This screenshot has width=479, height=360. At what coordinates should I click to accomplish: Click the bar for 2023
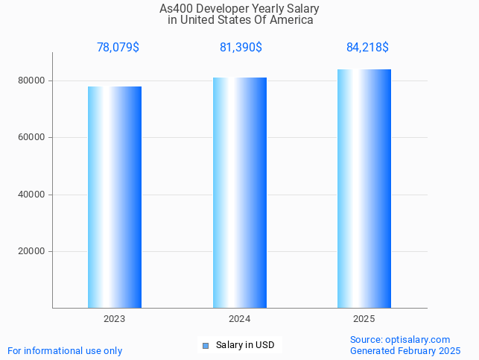click(x=115, y=197)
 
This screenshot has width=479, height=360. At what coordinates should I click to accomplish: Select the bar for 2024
click(x=240, y=192)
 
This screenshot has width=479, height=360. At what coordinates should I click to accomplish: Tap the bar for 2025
click(x=364, y=189)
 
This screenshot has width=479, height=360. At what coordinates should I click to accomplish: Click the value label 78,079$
click(x=118, y=47)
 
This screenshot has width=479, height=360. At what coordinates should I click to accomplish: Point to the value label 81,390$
click(x=241, y=47)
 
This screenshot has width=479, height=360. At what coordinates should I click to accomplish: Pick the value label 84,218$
click(x=367, y=47)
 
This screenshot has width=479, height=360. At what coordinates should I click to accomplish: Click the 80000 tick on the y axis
click(x=32, y=80)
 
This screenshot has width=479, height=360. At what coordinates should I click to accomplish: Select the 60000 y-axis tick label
click(x=32, y=138)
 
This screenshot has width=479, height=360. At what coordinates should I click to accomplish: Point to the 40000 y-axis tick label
click(x=32, y=195)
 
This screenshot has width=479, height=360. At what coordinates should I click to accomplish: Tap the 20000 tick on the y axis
click(x=32, y=251)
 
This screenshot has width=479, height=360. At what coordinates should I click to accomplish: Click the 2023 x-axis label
click(x=115, y=318)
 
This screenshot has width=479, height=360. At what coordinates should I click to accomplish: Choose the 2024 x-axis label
click(x=240, y=318)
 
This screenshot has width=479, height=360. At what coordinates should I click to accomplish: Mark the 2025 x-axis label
click(x=364, y=318)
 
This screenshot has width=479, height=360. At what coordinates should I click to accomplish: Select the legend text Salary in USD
click(x=245, y=345)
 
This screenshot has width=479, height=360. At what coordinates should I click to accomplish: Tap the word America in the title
click(x=293, y=20)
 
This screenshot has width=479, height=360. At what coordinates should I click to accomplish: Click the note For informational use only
click(x=65, y=350)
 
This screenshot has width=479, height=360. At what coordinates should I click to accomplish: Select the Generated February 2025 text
click(x=405, y=350)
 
